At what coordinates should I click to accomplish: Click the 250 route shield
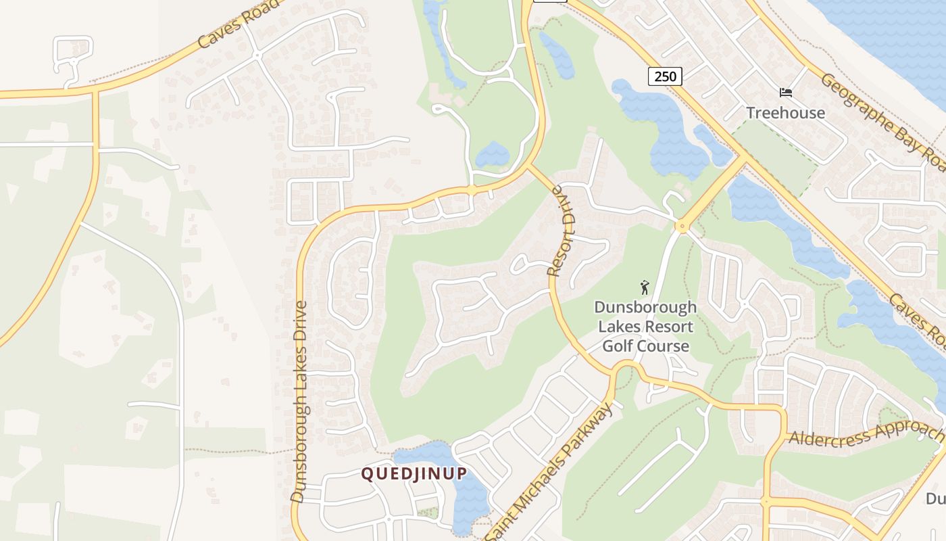click(x=665, y=76)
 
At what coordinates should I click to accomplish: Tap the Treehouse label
click(x=785, y=113)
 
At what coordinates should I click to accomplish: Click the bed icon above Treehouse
click(x=785, y=93)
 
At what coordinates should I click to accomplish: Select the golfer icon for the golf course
click(x=645, y=287)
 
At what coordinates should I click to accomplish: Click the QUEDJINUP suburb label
click(x=414, y=473)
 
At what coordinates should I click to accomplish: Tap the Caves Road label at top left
click(x=238, y=25)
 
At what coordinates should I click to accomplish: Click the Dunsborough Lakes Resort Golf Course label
click(x=645, y=327)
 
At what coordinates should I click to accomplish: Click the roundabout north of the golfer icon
click(x=681, y=227)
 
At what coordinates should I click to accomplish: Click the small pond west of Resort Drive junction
click(x=492, y=156)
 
